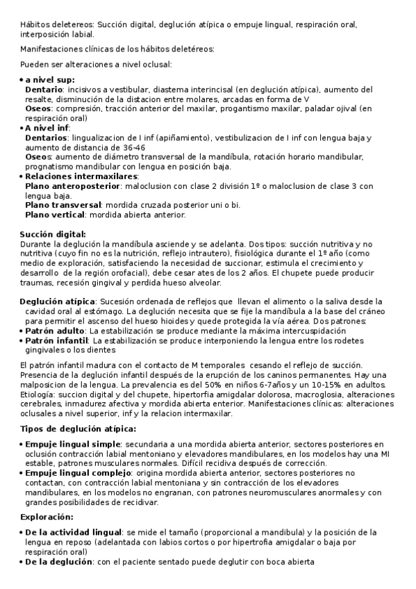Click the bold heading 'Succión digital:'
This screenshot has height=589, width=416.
coord(53,234)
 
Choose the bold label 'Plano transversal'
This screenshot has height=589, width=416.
coord(63,205)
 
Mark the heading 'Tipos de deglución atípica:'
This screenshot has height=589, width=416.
coord(78,429)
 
